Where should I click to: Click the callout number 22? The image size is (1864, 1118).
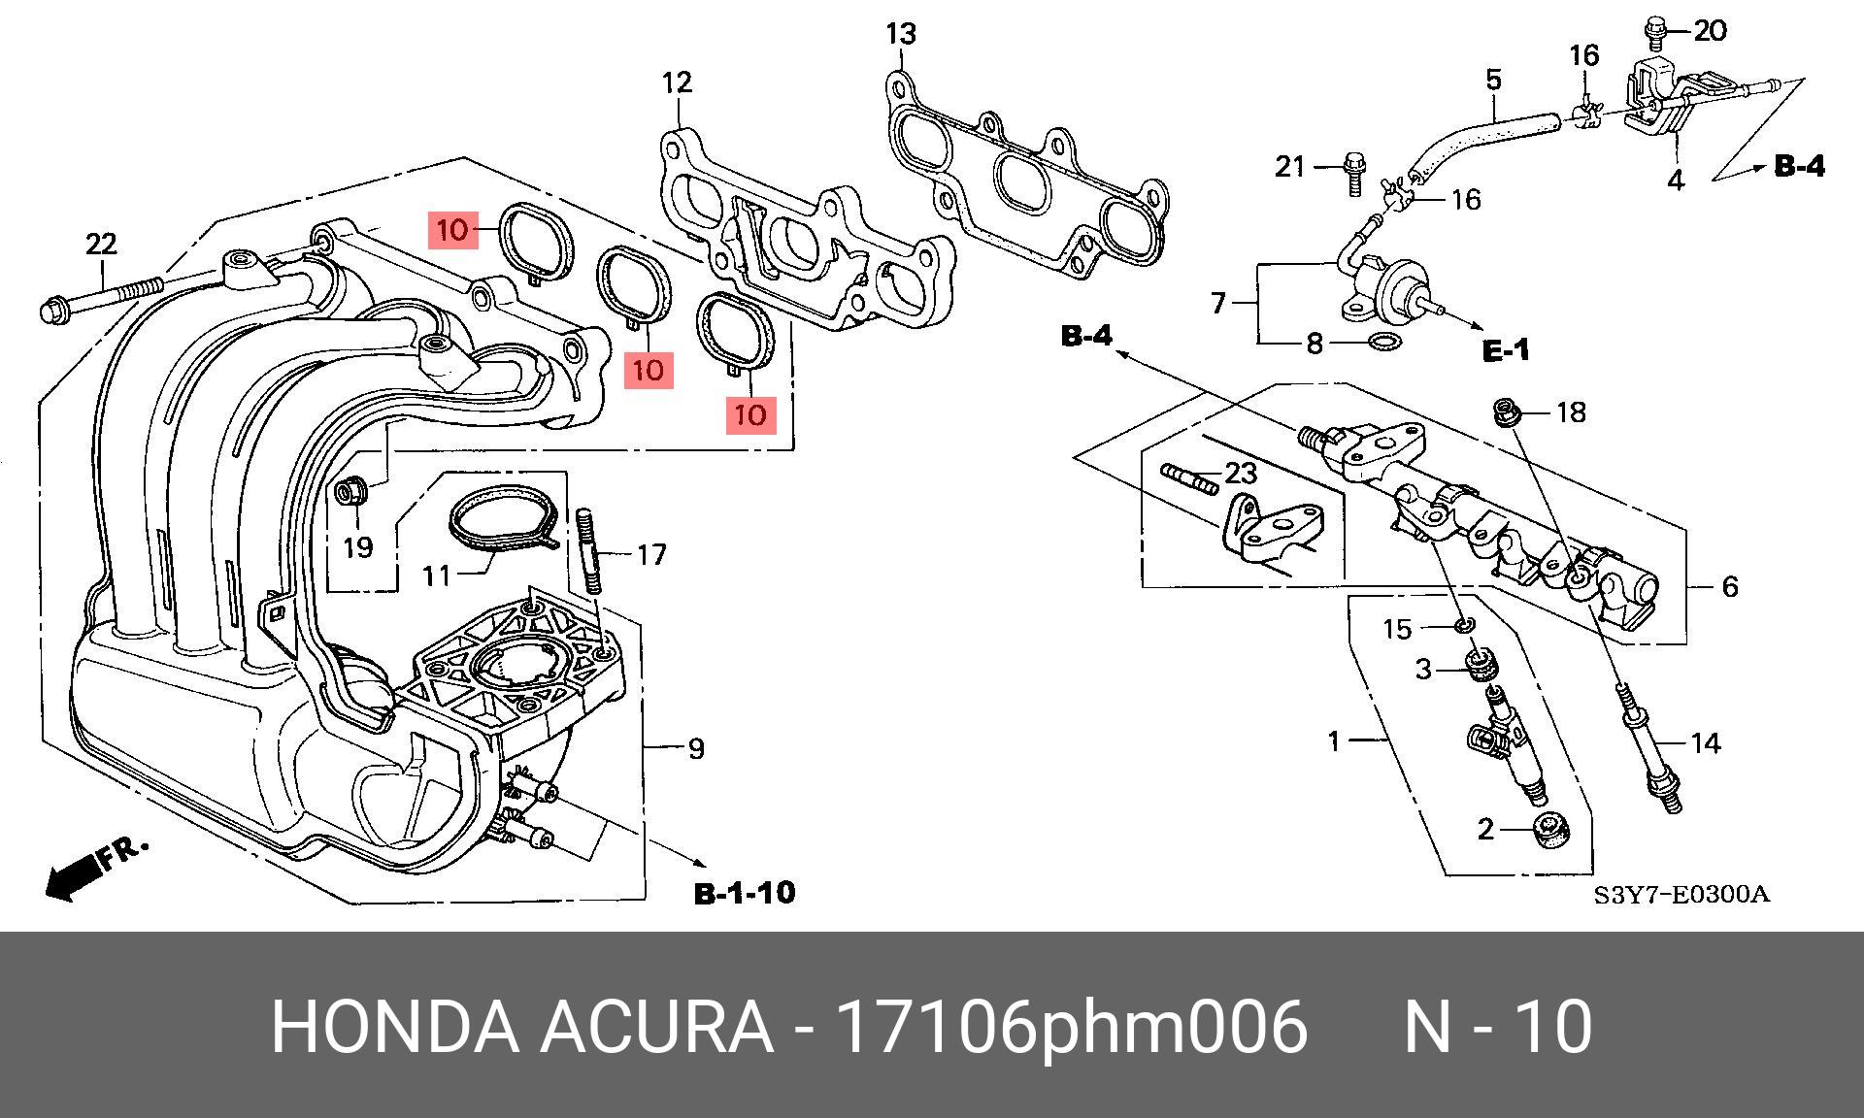coord(101,244)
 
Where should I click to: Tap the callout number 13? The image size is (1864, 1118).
coord(901,35)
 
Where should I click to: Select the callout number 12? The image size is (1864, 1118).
coord(677,82)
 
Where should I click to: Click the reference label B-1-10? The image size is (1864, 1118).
coord(745,893)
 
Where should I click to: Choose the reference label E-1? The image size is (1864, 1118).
coord(1506,349)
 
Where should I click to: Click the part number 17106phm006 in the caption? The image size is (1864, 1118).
coord(1072,1027)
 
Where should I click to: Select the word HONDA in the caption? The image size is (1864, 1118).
coord(394,1027)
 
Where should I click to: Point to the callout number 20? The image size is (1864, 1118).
coord(1710,32)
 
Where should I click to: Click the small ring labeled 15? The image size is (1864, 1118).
coord(1466,623)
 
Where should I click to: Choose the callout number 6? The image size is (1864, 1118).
coord(1729,586)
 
